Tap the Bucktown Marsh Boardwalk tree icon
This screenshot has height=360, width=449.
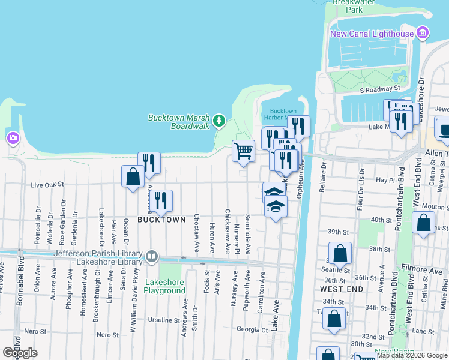[x=220, y=121]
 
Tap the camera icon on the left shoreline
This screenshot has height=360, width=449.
[x=13, y=139]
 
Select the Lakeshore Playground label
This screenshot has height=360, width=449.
[x=164, y=286]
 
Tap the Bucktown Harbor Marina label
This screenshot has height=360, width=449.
[x=283, y=115]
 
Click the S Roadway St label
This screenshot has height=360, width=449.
[x=380, y=89]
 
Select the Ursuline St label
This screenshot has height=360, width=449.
[x=160, y=320]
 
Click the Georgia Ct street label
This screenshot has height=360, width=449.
[x=252, y=329]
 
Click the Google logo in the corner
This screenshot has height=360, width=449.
[x=20, y=353]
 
